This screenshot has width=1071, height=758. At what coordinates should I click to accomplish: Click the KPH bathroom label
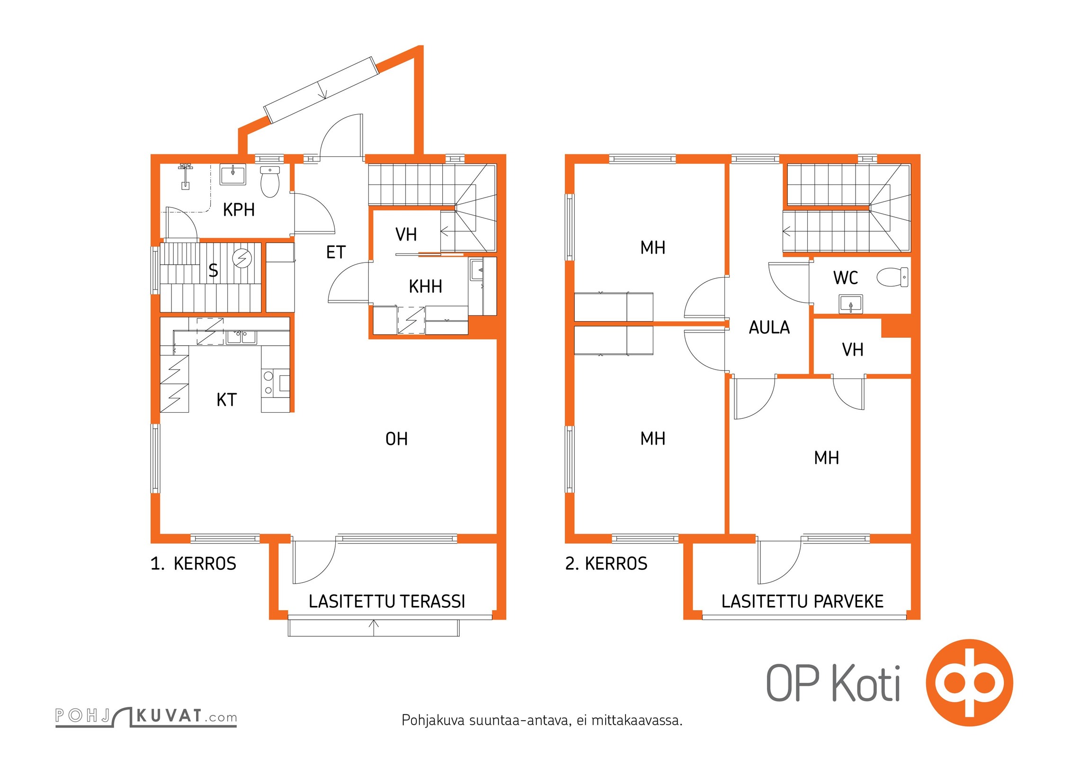[x=239, y=209]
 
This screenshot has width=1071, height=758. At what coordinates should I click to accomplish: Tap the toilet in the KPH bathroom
[x=270, y=181]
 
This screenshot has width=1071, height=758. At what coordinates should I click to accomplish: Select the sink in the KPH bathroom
[x=232, y=174]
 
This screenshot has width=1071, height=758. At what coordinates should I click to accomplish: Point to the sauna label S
[x=213, y=271]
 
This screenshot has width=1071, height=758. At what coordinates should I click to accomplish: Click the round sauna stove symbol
[x=242, y=259]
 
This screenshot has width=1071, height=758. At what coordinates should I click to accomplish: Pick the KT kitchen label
[x=226, y=400]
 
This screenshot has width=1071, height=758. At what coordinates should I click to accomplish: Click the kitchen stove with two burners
[x=275, y=383]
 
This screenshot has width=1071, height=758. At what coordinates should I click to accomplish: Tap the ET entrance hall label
[x=336, y=252]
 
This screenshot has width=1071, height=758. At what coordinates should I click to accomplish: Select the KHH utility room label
[x=425, y=286]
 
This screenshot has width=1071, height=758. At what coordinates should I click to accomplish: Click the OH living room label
[x=396, y=439]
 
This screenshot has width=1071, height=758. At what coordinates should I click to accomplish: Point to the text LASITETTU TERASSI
[x=387, y=601]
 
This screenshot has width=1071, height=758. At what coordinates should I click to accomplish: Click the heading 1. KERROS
[x=193, y=563]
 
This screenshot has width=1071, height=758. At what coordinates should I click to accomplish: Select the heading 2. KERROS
[x=606, y=563]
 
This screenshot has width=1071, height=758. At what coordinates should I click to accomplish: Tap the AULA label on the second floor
[x=769, y=327]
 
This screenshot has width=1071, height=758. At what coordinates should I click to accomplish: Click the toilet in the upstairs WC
[x=892, y=277]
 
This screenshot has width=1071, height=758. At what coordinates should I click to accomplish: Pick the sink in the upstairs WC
[x=850, y=304]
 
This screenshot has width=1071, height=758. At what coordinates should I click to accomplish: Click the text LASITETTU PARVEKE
[x=802, y=601]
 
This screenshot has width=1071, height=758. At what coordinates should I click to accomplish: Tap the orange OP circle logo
[x=969, y=683]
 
